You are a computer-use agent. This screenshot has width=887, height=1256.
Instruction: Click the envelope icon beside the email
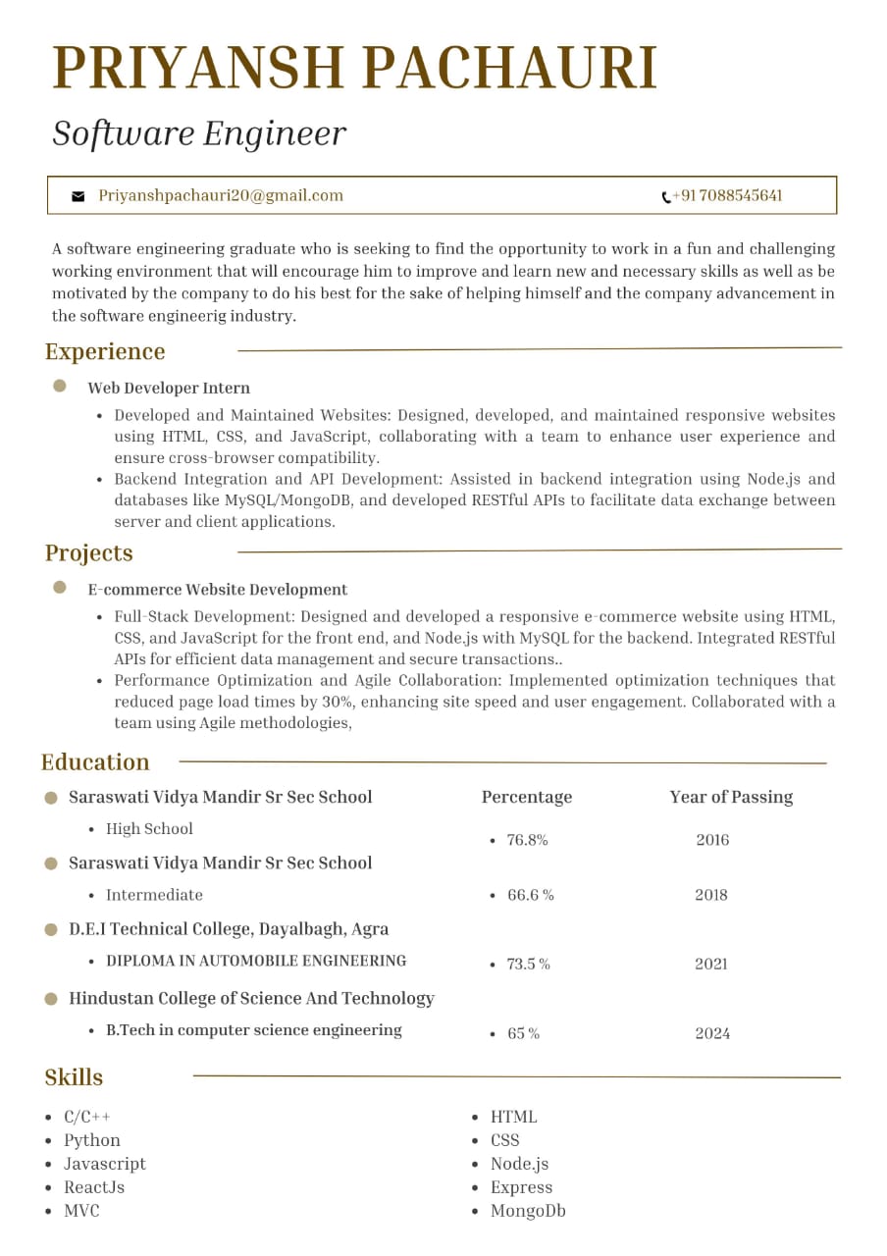tap(78, 196)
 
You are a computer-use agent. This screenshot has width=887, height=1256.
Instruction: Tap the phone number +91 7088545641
tap(727, 196)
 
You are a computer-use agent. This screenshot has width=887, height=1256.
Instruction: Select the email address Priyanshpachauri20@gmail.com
tap(221, 195)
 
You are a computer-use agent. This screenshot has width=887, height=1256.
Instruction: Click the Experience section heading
tap(105, 351)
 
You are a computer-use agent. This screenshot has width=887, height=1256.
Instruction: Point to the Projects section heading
tap(88, 552)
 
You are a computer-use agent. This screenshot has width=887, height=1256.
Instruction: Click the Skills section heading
tap(74, 1076)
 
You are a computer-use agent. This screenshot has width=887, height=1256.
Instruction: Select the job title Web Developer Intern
tap(169, 388)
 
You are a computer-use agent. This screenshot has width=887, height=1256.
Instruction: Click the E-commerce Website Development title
tap(218, 590)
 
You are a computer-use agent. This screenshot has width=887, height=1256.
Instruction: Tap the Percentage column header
tap(527, 797)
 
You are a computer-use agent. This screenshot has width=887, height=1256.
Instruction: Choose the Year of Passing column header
tap(731, 797)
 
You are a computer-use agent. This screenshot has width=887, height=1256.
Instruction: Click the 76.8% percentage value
tap(527, 840)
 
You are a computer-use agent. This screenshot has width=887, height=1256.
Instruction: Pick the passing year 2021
tap(711, 964)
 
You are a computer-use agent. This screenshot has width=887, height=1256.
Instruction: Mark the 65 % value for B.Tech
tap(523, 1033)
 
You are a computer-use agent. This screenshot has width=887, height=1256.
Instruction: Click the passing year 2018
tap(711, 895)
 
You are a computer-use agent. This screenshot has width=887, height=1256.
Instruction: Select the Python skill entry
tap(92, 1140)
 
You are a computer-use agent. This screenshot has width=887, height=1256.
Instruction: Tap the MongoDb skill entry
tap(528, 1211)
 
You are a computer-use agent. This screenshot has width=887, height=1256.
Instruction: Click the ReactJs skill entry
tap(94, 1187)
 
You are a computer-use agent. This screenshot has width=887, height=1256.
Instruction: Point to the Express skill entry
tap(521, 1187)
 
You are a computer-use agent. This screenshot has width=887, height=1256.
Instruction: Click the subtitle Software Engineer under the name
tap(199, 133)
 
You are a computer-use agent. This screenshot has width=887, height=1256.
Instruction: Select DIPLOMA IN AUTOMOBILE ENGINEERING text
tap(256, 961)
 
